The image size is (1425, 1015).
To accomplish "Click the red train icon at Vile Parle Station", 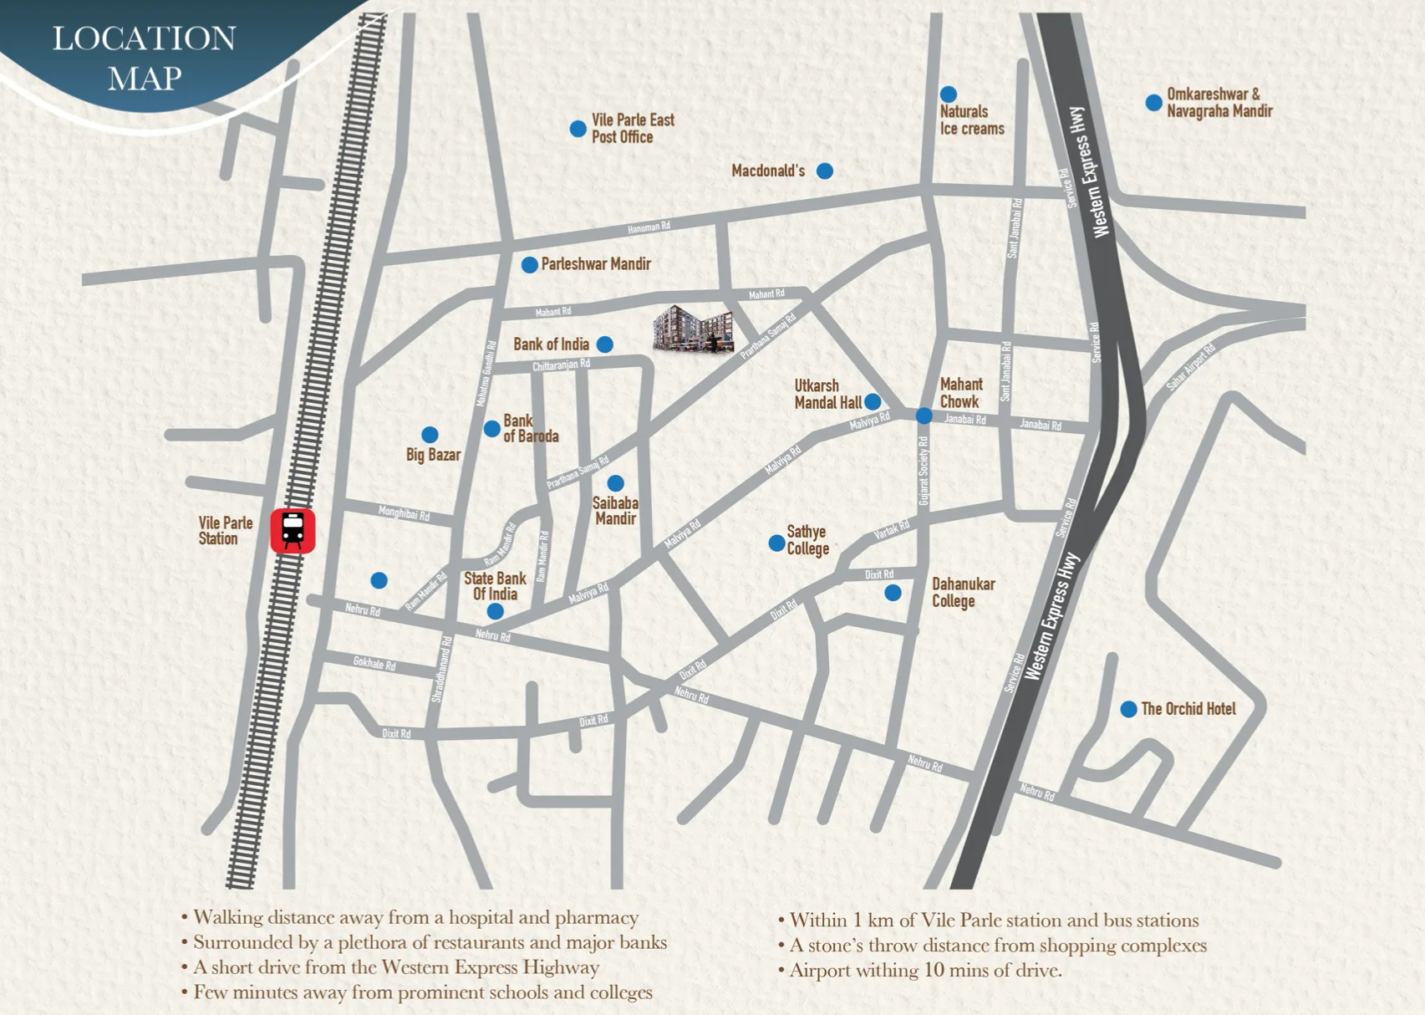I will pyautogui.click(x=293, y=531).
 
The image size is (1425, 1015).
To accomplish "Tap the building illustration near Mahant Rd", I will pyautogui.click(x=693, y=329).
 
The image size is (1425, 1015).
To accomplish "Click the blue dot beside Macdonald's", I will pyautogui.click(x=825, y=171).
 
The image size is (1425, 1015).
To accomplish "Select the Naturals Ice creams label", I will pyautogui.click(x=971, y=120).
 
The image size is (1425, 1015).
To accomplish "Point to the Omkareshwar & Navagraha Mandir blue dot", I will pyautogui.click(x=1153, y=103).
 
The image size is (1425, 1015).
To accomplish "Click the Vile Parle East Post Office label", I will pyautogui.click(x=633, y=129).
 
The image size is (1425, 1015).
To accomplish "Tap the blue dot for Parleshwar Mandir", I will pyautogui.click(x=529, y=265).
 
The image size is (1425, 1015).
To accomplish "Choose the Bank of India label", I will pyautogui.click(x=551, y=344).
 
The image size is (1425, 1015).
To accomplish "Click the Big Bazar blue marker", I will pyautogui.click(x=430, y=435).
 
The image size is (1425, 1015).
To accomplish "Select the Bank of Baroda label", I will pyautogui.click(x=530, y=429).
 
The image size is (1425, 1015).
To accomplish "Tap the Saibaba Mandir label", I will pyautogui.click(x=615, y=511).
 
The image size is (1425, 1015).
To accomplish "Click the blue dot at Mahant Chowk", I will pyautogui.click(x=924, y=416).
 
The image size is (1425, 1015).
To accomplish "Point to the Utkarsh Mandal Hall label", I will pyautogui.click(x=826, y=395).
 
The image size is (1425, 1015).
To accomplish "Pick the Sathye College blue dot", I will pyautogui.click(x=776, y=543).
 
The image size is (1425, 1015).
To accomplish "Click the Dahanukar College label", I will pyautogui.click(x=963, y=593).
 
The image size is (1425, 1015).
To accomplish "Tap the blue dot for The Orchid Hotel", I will pyautogui.click(x=1128, y=709).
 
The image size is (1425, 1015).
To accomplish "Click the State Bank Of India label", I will pyautogui.click(x=495, y=586).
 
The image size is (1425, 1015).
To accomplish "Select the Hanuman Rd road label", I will pyautogui.click(x=649, y=227).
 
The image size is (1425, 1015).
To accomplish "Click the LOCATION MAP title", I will pyautogui.click(x=145, y=58).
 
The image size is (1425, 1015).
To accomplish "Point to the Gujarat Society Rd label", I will pyautogui.click(x=924, y=476).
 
